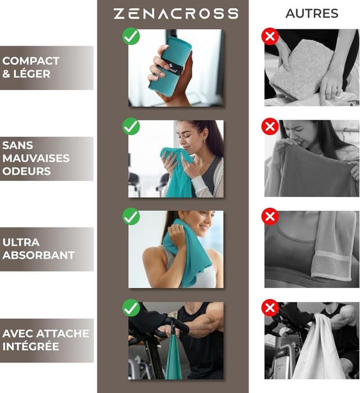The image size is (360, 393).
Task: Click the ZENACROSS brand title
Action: [x=175, y=14]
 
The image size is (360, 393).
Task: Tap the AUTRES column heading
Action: [x=312, y=14]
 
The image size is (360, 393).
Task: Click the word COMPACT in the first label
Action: [x=31, y=61]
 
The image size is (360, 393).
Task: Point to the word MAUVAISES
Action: [x=36, y=158]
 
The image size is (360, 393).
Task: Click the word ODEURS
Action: [x=26, y=171]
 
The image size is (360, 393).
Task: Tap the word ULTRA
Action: [x=21, y=242]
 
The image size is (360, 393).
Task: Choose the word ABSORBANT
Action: [x=38, y=255]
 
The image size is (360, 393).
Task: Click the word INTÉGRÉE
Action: [x=30, y=346]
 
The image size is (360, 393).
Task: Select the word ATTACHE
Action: [x=60, y=333]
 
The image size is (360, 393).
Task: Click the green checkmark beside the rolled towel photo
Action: [x=131, y=37]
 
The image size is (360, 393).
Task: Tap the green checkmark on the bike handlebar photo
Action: [x=131, y=307]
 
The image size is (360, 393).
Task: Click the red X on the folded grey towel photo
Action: [x=270, y=37]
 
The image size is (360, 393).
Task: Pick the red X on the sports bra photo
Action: [x=270, y=217]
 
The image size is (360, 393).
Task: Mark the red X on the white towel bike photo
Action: [x=270, y=307]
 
